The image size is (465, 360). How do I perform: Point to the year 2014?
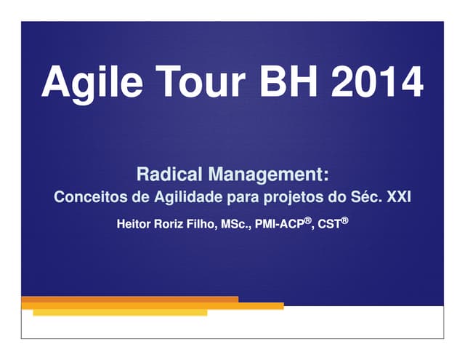(x=378, y=82)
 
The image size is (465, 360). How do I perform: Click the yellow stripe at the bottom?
(x=120, y=313)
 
